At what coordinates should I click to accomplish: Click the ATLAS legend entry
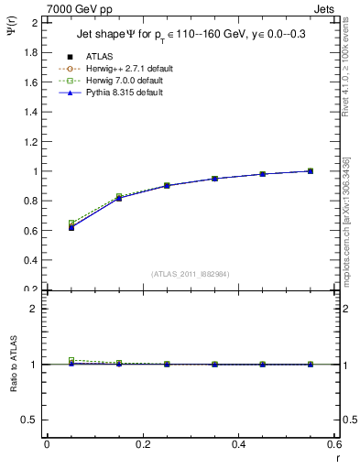[100, 57]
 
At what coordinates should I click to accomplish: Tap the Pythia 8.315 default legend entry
[114, 93]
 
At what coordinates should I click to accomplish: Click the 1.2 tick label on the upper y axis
[31, 141]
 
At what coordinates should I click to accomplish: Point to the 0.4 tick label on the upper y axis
[31, 260]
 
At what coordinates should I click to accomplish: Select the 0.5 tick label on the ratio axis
[31, 420]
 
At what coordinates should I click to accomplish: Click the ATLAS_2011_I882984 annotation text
[191, 273]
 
